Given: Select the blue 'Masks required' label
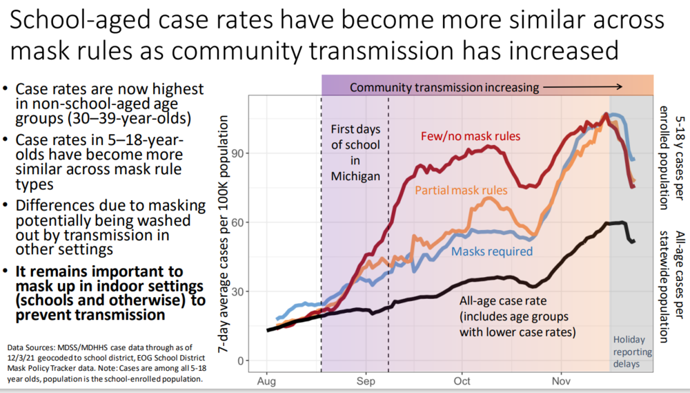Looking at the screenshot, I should [x=492, y=251].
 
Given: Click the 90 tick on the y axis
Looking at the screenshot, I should [x=242, y=153].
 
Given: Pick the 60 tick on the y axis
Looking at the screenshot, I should [x=242, y=222].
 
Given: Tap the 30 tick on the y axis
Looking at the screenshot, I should [x=242, y=291].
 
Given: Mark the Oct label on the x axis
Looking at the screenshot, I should [x=462, y=381].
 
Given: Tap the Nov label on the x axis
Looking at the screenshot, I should [x=561, y=381].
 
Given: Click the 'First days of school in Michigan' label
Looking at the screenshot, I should [x=355, y=153].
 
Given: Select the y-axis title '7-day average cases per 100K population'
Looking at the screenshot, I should [x=224, y=235].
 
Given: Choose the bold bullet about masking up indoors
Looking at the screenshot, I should [x=99, y=293].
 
